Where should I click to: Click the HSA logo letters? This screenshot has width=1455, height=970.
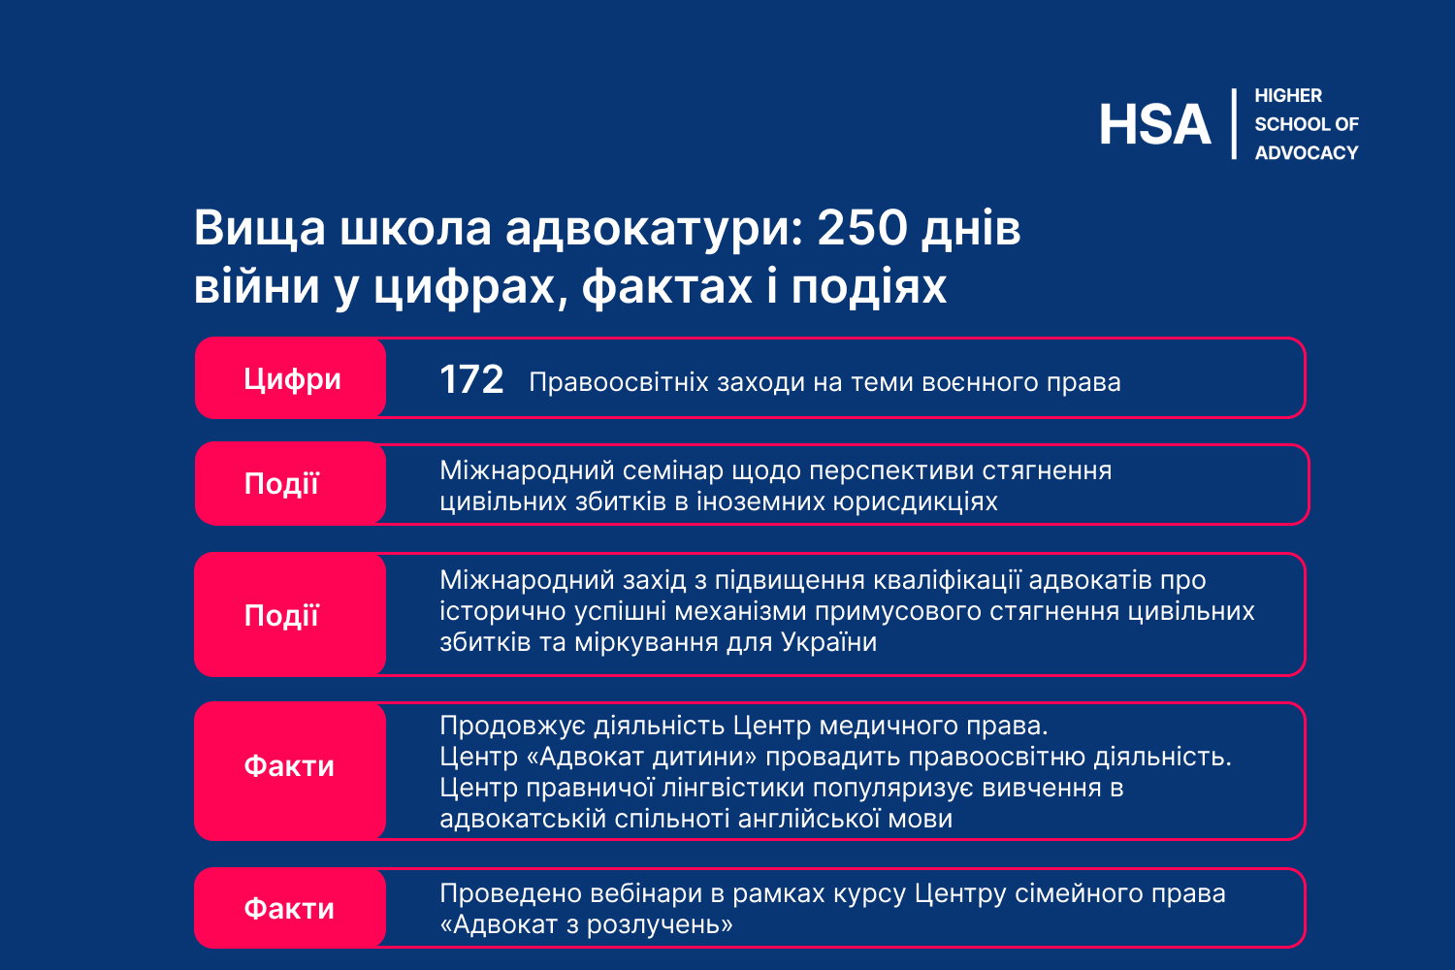(1154, 124)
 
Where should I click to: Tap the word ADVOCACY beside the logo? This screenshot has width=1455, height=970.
(1307, 152)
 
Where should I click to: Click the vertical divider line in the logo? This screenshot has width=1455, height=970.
(1234, 123)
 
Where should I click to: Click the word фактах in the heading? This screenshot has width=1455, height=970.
(666, 287)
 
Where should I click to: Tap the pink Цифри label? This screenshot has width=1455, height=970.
(292, 378)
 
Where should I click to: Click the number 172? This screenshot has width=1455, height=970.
(471, 379)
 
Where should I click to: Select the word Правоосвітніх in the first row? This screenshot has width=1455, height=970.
(619, 382)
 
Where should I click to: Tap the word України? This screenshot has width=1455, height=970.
(828, 642)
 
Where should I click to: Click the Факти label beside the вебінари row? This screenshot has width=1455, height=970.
(290, 908)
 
